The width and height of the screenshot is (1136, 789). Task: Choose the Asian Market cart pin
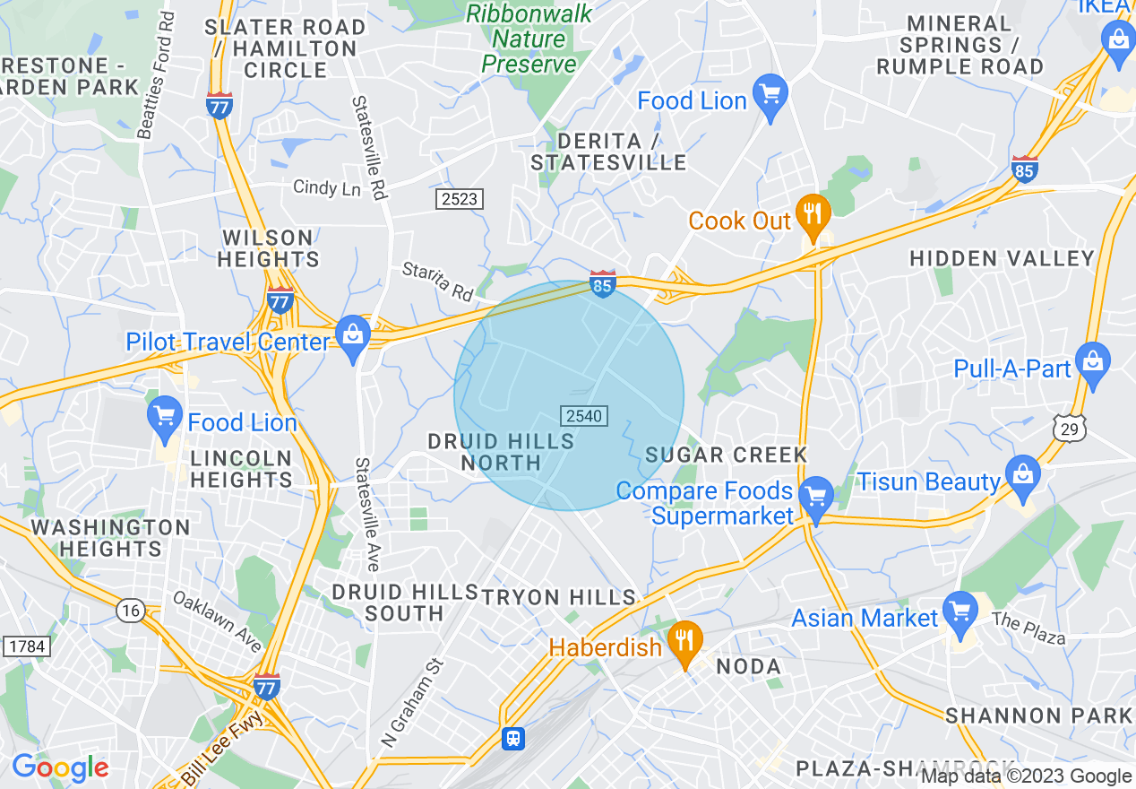960,612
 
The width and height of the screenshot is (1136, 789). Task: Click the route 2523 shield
460,199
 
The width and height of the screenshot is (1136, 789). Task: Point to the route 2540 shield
584,416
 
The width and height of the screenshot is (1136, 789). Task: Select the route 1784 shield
27,646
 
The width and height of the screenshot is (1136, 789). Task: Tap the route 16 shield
131,611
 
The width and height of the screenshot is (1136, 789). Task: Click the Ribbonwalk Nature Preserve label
529,39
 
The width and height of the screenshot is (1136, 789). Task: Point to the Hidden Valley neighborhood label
1002,259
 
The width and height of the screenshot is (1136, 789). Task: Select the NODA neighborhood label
749,666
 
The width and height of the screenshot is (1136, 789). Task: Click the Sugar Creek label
727,455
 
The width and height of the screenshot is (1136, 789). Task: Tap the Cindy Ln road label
327,188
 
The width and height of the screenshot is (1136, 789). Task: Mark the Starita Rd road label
437,281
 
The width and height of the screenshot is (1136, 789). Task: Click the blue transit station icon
512,737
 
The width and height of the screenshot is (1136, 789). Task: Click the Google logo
60,767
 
